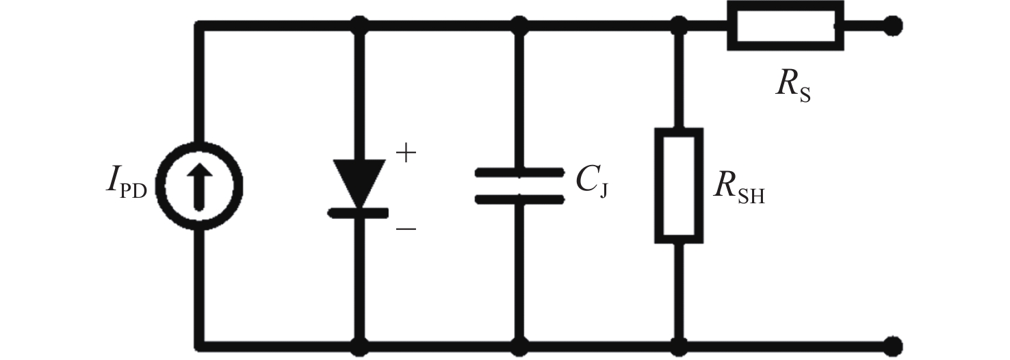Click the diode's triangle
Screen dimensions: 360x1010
tap(359, 181)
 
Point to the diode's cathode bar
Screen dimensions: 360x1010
tap(359, 213)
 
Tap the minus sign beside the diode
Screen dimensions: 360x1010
tap(406, 228)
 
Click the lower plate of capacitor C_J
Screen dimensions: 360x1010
tap(520, 199)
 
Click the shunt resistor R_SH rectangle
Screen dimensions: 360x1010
tap(679, 185)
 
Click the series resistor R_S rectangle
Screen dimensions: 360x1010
tap(785, 27)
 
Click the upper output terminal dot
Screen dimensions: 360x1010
tap(891, 27)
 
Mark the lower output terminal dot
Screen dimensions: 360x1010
tap(891, 343)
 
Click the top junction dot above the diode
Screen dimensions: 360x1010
tap(359, 27)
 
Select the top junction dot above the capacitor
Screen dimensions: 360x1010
tap(520, 27)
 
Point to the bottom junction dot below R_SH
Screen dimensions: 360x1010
tap(679, 343)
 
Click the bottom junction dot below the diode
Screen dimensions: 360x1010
tap(359, 343)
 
